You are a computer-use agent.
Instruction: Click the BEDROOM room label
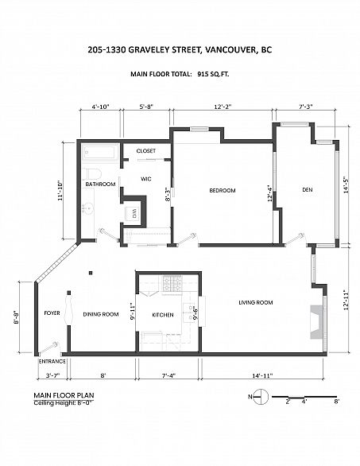coord(223,191)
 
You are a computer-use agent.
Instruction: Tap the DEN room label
coord(307,189)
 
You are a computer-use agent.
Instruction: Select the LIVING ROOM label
coord(256,302)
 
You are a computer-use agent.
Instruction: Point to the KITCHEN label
coord(163,315)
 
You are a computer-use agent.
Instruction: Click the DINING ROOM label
coord(101,314)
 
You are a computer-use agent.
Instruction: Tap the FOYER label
coord(52,313)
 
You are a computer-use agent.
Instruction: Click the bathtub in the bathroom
coord(99,153)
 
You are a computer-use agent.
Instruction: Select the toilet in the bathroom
coord(92,173)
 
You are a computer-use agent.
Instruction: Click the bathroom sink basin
coord(88,208)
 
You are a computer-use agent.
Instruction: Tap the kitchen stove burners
coord(172,284)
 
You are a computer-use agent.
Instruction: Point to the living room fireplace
coord(316,322)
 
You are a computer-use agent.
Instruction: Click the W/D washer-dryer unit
coord(134,213)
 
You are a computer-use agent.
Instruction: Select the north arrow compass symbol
coord(261,397)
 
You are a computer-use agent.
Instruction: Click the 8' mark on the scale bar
coord(336,402)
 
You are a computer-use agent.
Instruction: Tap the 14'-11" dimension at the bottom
coord(262,375)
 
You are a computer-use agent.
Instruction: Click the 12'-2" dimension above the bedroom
coord(223,107)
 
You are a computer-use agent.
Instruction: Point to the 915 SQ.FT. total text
coord(213,74)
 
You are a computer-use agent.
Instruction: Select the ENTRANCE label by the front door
coord(52,361)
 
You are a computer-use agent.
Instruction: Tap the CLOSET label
coord(146,151)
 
